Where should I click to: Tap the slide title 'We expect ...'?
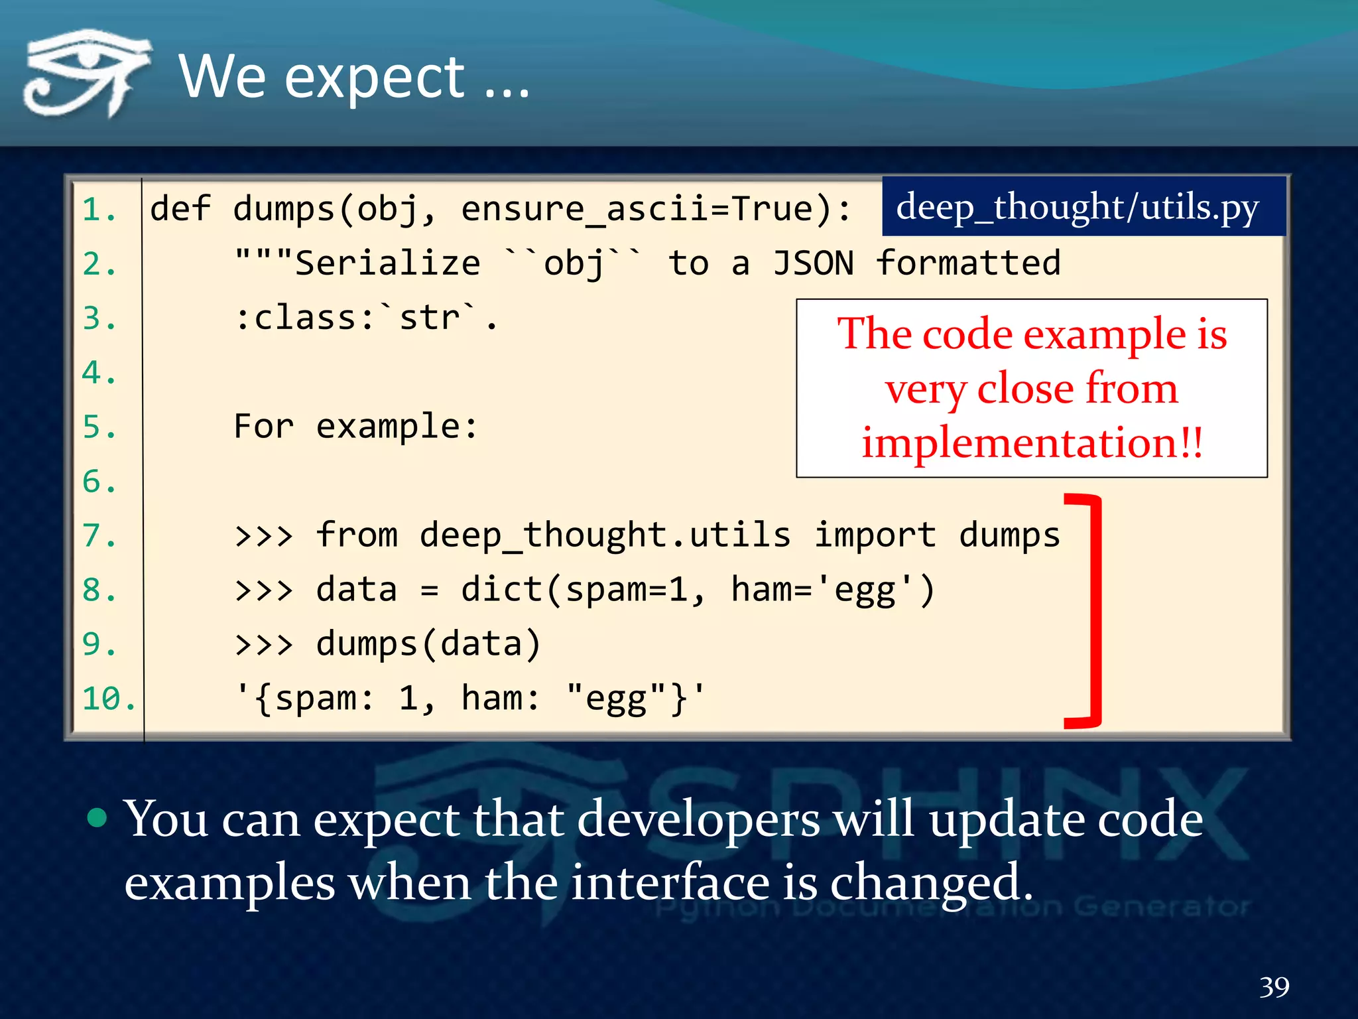354,78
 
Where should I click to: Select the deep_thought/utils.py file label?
1077,207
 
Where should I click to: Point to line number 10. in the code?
109,699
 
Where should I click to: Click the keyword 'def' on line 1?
180,209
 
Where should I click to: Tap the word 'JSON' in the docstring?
813,263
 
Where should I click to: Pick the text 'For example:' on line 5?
355,426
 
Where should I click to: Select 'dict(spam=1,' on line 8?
582,589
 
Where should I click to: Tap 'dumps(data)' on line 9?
428,644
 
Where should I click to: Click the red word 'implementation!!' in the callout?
1032,443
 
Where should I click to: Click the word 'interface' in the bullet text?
670,882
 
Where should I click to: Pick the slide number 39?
1274,987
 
